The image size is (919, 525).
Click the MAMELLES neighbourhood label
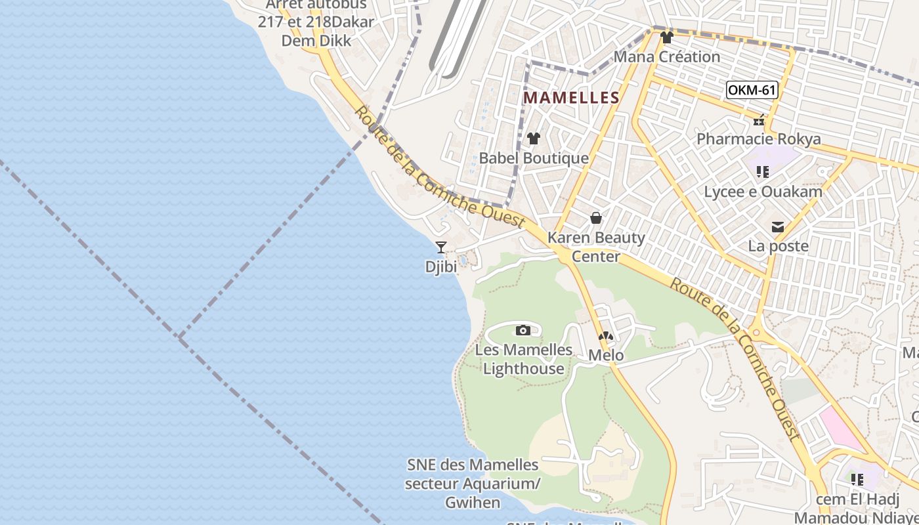pos(571,98)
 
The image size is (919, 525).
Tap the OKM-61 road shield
pos(752,90)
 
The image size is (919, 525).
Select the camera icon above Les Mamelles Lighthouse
pos(523,330)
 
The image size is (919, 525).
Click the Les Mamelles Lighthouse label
pos(523,359)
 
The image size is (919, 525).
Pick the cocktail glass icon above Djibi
pos(441,247)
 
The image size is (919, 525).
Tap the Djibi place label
pos(441,267)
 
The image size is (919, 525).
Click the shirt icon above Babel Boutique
pos(534,138)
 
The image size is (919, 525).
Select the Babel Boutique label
pos(534,158)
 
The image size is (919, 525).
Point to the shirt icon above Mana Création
pos(667,37)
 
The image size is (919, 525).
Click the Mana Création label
pos(667,57)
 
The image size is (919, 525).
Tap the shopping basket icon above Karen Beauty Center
pos(596,218)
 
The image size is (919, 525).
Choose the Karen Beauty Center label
pos(596,247)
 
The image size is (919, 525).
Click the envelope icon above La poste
pos(778,227)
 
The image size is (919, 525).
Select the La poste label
pos(778,247)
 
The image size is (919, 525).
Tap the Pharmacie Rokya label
pos(758,139)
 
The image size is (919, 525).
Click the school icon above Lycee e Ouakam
pos(762,172)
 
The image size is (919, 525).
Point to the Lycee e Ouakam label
pos(763,192)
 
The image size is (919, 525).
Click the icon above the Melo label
pos(605,336)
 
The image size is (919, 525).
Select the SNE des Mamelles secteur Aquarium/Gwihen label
pos(473,484)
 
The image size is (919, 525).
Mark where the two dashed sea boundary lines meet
pos(180,337)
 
